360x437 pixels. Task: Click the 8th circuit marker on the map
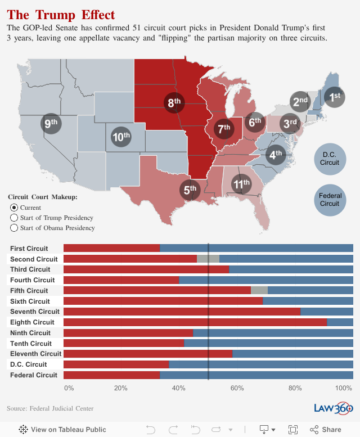(174, 102)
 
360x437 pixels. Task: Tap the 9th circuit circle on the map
(51, 124)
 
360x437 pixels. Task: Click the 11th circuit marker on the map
(242, 184)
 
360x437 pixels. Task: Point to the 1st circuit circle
(335, 97)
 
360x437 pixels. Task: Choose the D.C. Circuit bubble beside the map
(330, 159)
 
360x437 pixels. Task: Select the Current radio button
(14, 208)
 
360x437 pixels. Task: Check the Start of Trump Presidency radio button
(14, 218)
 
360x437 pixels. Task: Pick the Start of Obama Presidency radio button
(14, 228)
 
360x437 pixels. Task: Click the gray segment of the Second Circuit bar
(208, 259)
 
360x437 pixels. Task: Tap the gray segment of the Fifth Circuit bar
(259, 291)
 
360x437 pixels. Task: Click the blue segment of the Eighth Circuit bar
(340, 322)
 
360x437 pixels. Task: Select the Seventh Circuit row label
(34, 312)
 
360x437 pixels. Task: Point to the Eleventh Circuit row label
(35, 354)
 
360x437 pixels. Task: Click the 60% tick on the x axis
(237, 388)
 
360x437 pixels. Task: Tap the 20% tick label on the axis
(120, 388)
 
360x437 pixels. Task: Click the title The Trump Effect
(61, 15)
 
